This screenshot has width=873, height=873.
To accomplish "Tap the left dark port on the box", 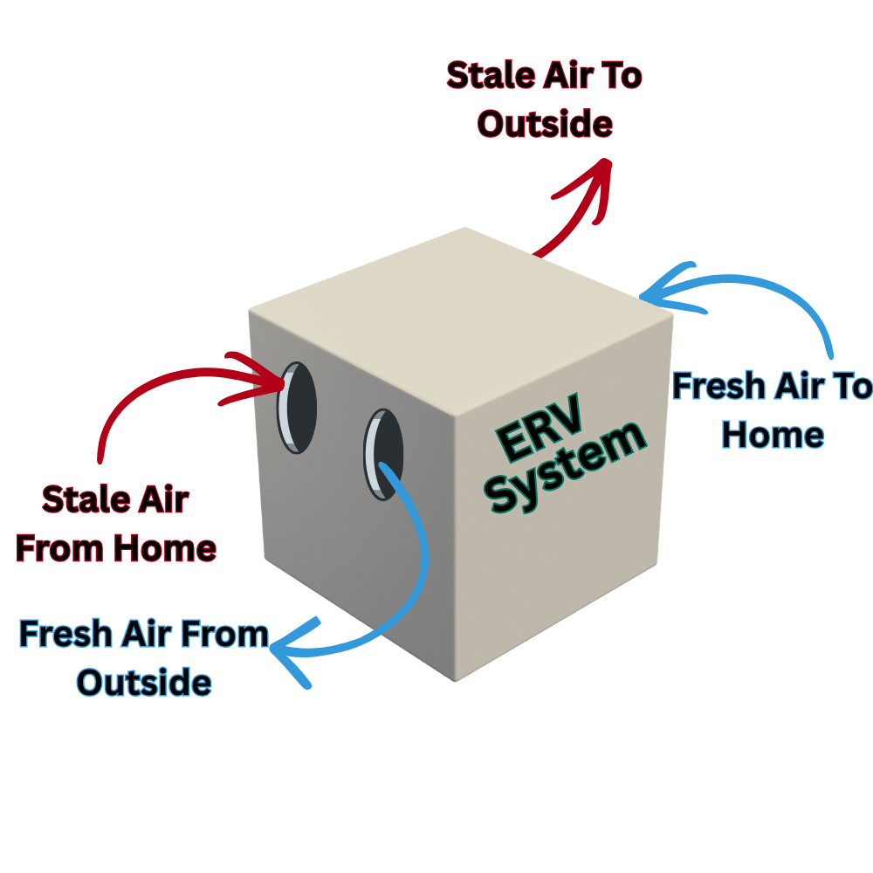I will (x=297, y=407).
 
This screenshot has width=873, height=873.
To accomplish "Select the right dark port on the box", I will (x=384, y=453).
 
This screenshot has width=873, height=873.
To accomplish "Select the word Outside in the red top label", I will (x=545, y=123).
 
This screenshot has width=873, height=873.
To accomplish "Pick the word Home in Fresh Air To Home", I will (x=773, y=434).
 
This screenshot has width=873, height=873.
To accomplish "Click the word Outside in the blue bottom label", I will (x=144, y=682).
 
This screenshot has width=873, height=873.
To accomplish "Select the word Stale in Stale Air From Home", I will (x=82, y=500).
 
